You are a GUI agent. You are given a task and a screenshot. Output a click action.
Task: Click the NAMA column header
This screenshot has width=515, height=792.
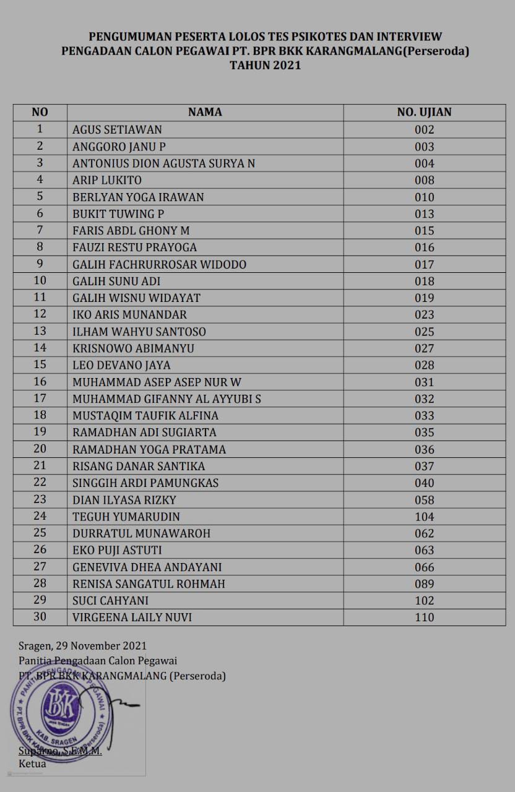[x=205, y=112]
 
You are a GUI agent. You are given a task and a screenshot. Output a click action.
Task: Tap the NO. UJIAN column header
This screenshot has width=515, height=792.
[x=424, y=112]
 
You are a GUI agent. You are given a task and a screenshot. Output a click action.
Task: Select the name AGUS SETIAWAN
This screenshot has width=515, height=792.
[x=117, y=130]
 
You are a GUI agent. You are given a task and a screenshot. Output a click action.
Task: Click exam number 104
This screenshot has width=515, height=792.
[x=425, y=517]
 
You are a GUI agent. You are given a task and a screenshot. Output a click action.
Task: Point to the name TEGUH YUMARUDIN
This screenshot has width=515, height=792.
[x=126, y=517]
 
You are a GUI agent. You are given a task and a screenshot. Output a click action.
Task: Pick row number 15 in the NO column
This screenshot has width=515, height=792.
[x=40, y=365]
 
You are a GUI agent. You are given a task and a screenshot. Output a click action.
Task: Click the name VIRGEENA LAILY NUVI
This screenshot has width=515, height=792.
[x=136, y=618]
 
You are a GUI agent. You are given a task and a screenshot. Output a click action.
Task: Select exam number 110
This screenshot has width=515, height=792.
[x=425, y=618]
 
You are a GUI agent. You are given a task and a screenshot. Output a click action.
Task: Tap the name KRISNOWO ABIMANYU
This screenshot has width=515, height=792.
[x=133, y=348]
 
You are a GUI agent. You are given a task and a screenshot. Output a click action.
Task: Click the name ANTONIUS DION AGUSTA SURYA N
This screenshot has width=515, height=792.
[x=163, y=163]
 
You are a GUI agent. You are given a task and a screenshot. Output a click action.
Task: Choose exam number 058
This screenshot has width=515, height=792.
[x=425, y=500]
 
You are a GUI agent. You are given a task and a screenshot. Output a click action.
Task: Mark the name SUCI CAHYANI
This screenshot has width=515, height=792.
[x=110, y=601]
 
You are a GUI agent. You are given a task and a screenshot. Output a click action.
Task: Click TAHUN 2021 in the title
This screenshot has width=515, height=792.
[x=265, y=65]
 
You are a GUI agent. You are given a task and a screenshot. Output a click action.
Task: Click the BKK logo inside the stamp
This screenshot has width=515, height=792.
[x=61, y=705]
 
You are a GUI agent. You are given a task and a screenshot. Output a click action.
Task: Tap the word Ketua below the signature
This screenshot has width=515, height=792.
[x=32, y=764]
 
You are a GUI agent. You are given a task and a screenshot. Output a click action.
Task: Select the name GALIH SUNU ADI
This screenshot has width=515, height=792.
[x=116, y=281]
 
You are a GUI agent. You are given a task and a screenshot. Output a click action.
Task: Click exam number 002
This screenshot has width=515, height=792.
[x=425, y=130]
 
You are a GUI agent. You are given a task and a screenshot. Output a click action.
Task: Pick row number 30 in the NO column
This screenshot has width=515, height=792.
[x=40, y=618]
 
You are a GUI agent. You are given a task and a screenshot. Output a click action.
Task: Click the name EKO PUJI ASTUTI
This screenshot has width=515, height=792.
[x=117, y=550]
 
